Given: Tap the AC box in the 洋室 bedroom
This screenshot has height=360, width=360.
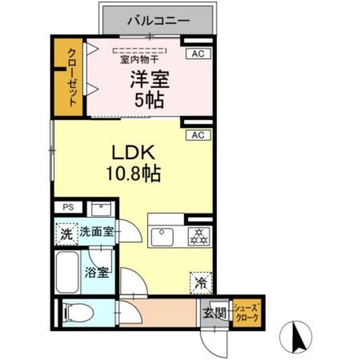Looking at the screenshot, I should [197, 54].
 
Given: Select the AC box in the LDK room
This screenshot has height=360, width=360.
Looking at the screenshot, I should [197, 135].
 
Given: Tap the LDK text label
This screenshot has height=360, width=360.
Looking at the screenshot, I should [132, 153].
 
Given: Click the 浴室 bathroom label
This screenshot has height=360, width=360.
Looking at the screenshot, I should [97, 273].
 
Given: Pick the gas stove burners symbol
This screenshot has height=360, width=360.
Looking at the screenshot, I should [199, 235].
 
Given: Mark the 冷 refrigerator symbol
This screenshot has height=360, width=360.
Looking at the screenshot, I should [199, 281].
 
